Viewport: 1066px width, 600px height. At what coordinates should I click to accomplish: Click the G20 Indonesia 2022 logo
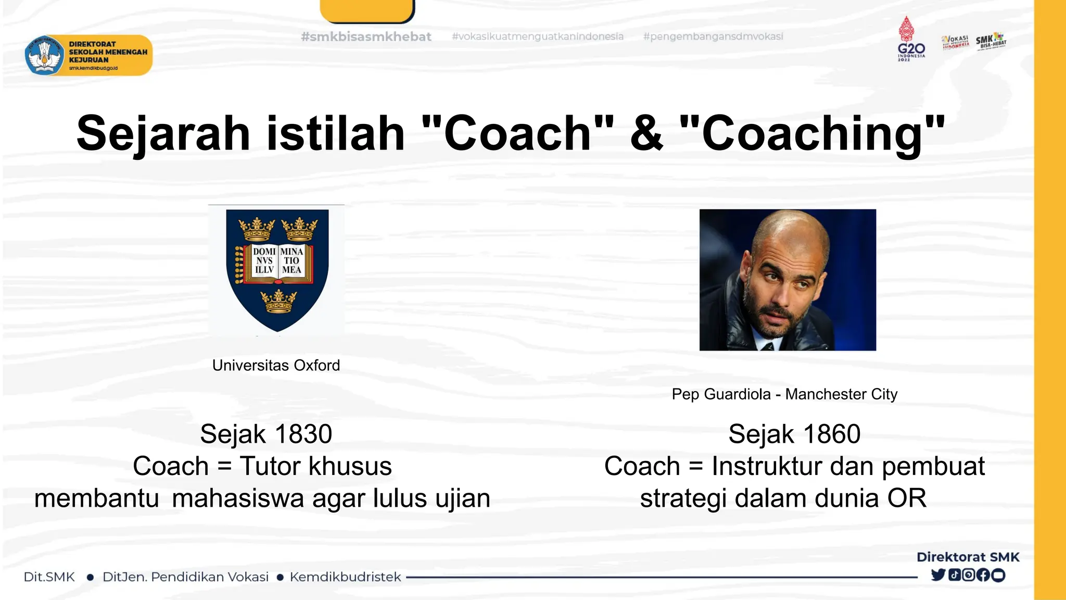pos(911,39)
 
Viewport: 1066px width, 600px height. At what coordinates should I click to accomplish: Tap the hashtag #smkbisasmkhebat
pos(366,37)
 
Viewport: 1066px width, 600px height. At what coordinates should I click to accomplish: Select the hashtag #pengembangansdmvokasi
pos(713,36)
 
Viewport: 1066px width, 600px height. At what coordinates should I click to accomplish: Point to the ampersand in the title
pos(646,134)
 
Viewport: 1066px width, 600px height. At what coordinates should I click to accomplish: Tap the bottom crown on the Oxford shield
pos(278,302)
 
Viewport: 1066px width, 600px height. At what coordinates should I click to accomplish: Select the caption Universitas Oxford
pos(276,365)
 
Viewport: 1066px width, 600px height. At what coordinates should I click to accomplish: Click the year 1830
pos(303,434)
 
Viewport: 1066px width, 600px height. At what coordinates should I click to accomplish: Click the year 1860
pos(831,434)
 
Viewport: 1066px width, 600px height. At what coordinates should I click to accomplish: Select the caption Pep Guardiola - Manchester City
pos(784,394)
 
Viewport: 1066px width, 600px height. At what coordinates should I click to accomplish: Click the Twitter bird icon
pos(938,575)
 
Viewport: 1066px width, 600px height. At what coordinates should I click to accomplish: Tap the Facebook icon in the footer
pos(983,575)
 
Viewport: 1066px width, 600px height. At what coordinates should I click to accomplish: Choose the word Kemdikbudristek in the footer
pos(345,577)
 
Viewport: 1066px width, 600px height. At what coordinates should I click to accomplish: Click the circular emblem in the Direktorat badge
pos(44,55)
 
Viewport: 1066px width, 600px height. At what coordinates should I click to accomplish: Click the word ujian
pos(463,498)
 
